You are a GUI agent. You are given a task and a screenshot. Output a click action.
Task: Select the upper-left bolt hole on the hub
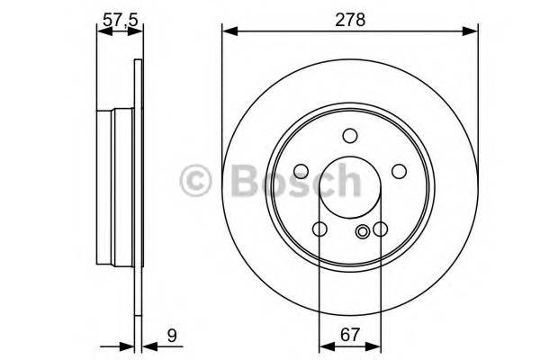301,171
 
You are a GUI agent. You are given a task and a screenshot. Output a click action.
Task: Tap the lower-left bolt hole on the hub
319,229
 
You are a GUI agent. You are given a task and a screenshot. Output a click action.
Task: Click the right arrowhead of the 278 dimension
471,32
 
